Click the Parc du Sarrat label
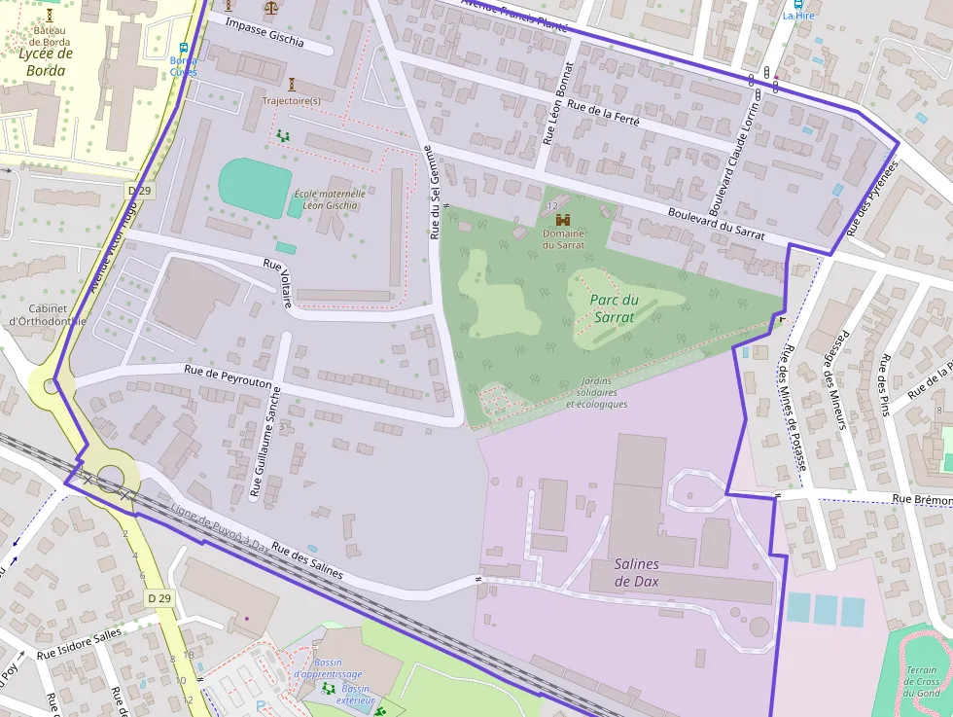[x=614, y=308]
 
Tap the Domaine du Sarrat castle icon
[x=562, y=220]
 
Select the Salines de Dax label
[x=636, y=573]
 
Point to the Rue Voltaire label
[x=277, y=283]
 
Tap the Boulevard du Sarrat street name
[x=716, y=225]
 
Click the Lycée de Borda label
[x=46, y=61]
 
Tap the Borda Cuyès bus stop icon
[x=183, y=48]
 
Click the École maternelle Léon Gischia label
[x=331, y=199]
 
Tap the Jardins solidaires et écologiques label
[x=596, y=392]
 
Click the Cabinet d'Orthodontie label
[x=46, y=313]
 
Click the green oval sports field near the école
[x=255, y=184]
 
